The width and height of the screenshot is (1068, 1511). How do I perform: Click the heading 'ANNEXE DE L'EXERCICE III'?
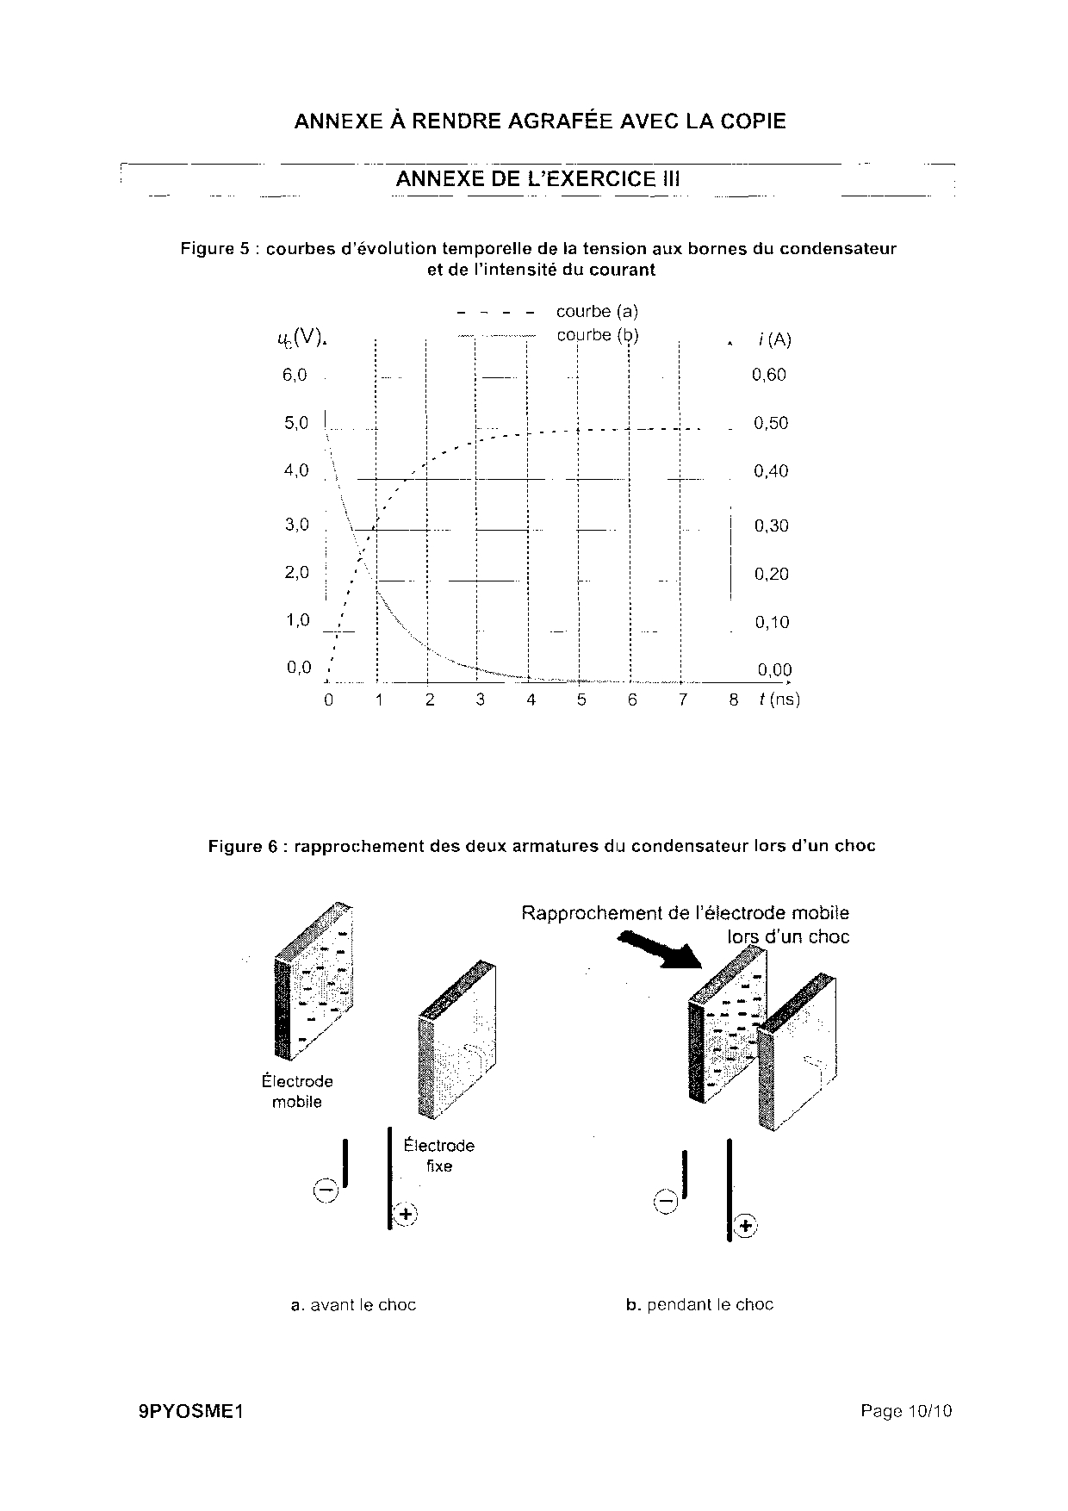[537, 179]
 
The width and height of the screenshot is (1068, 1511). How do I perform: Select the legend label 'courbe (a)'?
[597, 311]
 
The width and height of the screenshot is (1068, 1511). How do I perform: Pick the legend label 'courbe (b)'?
[598, 335]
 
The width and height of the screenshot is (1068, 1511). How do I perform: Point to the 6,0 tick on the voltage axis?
[295, 375]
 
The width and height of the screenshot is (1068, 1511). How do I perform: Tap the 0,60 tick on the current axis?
[768, 375]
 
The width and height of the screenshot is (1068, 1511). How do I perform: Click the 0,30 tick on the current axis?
[771, 525]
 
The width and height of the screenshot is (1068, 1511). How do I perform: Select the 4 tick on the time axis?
[531, 700]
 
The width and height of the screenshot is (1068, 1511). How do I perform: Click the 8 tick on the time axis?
[734, 700]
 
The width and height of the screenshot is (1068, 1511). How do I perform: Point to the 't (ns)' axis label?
[779, 700]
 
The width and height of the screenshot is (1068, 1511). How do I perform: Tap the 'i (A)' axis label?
[774, 339]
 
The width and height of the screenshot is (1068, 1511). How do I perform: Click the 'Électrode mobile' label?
[297, 1091]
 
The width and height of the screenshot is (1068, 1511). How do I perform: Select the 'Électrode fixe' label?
[439, 1155]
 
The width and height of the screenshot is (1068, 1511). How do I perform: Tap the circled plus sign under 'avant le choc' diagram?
[405, 1215]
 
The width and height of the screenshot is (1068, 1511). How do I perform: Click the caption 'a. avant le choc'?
[353, 1305]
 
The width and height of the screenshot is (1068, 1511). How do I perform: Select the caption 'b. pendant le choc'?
[699, 1305]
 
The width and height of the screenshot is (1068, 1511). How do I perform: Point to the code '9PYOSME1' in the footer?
[191, 1412]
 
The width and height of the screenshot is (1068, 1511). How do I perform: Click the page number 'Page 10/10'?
[906, 1411]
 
